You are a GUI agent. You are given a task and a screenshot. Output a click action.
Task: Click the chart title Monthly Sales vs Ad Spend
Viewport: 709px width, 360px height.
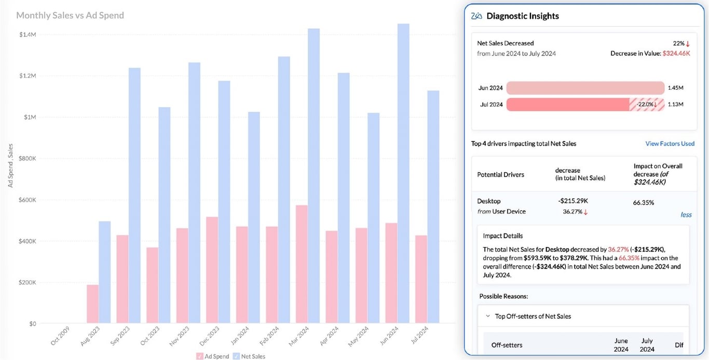coord(70,16)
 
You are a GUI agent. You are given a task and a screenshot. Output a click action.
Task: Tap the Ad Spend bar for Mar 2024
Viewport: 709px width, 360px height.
coord(302,264)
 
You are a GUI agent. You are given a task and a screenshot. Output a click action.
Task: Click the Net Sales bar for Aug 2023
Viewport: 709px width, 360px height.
coord(105,272)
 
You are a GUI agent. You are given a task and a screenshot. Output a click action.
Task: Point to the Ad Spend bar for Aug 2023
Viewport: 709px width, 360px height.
coord(92,304)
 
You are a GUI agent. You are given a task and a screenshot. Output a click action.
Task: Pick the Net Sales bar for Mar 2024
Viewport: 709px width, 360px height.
coord(313,176)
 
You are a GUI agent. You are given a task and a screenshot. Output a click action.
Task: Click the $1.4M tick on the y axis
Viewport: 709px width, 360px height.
coord(27,35)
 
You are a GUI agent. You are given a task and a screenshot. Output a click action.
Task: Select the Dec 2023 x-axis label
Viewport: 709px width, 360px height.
coord(208,338)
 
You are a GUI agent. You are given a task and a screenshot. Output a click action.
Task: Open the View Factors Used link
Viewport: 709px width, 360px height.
coord(670,144)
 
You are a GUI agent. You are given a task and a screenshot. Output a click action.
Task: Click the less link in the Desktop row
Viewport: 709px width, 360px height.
coord(686,215)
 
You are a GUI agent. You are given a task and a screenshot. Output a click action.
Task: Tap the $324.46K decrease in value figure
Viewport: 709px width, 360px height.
coord(676,53)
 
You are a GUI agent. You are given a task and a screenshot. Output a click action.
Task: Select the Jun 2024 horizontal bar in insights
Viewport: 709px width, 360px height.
coord(585,88)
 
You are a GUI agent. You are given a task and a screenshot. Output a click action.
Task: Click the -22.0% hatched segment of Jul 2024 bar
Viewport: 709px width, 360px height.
coord(647,104)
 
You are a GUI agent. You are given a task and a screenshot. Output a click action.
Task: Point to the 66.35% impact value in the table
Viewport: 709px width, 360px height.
coord(644,203)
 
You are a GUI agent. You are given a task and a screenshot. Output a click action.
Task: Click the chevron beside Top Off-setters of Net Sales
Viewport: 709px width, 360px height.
coord(488,316)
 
